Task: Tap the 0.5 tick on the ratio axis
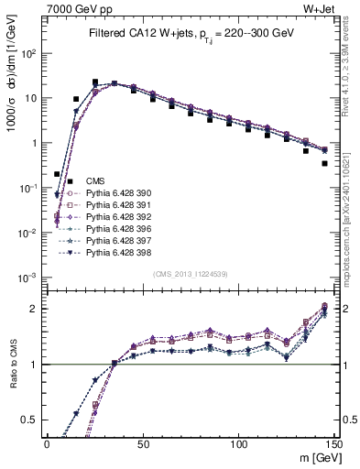click(33, 420)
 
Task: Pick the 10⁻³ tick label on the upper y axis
click(29, 278)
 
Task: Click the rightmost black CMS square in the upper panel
click(325, 164)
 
